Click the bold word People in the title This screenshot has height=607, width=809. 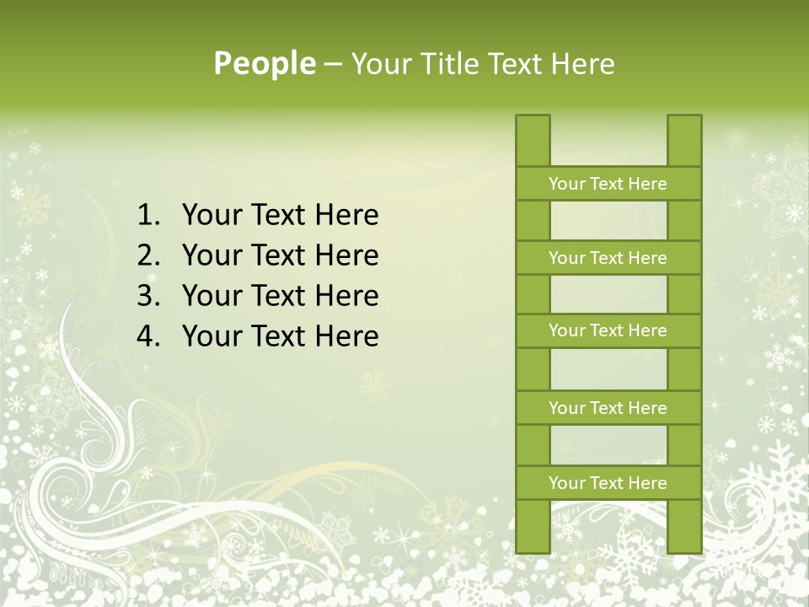click(x=264, y=64)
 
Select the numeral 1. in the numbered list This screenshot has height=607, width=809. click(x=148, y=216)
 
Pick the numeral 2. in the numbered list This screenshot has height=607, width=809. click(x=148, y=255)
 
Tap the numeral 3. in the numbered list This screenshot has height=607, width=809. click(x=148, y=296)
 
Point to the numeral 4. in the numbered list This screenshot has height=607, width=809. click(x=148, y=336)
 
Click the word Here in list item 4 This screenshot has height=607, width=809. click(x=346, y=336)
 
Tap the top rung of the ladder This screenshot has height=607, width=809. click(x=608, y=184)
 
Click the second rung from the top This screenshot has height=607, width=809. click(x=608, y=258)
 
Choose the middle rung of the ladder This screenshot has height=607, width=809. click(x=608, y=331)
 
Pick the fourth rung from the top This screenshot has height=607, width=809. click(x=608, y=408)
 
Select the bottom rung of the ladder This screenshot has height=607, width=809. click(x=608, y=483)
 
